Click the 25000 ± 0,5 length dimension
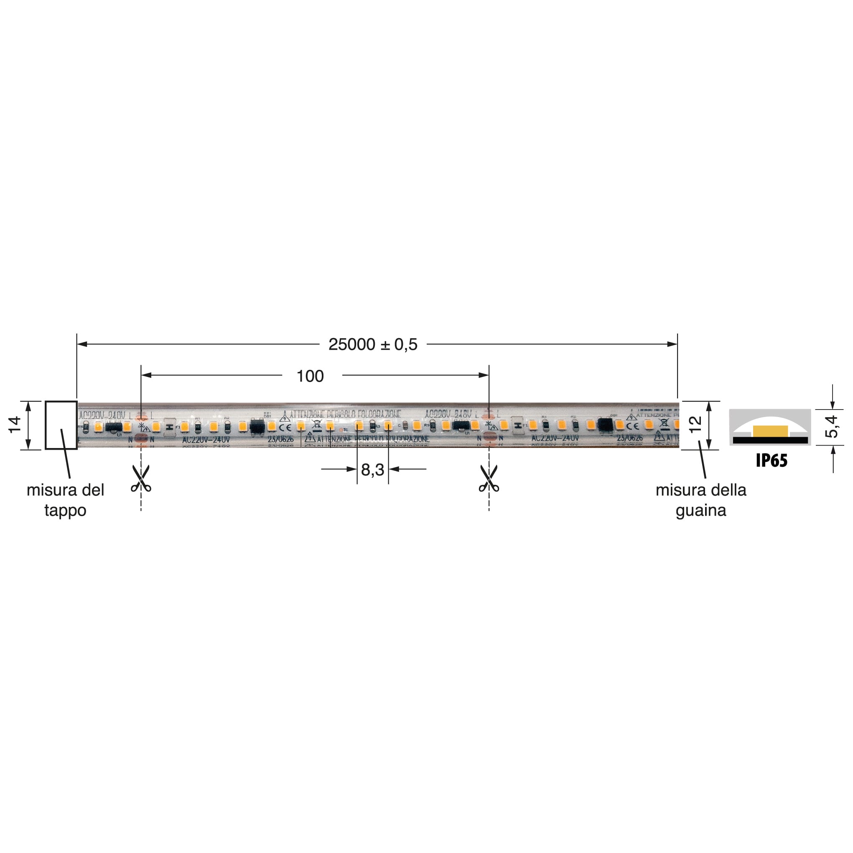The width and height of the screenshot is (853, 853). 373,345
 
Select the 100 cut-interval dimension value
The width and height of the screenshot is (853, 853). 310,376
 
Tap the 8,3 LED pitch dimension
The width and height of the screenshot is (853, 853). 372,470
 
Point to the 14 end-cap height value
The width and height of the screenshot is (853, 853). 15,425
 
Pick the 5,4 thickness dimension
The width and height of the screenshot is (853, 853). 831,426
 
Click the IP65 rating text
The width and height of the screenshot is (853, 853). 772,461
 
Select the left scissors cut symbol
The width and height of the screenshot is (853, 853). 141,479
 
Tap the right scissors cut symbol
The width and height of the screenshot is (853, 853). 489,479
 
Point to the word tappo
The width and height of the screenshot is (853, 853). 65,510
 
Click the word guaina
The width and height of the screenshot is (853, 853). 701,510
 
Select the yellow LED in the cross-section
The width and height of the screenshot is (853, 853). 770,431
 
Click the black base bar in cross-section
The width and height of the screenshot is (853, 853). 770,440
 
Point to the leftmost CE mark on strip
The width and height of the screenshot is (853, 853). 285,428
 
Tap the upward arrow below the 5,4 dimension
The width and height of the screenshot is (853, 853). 833,451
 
